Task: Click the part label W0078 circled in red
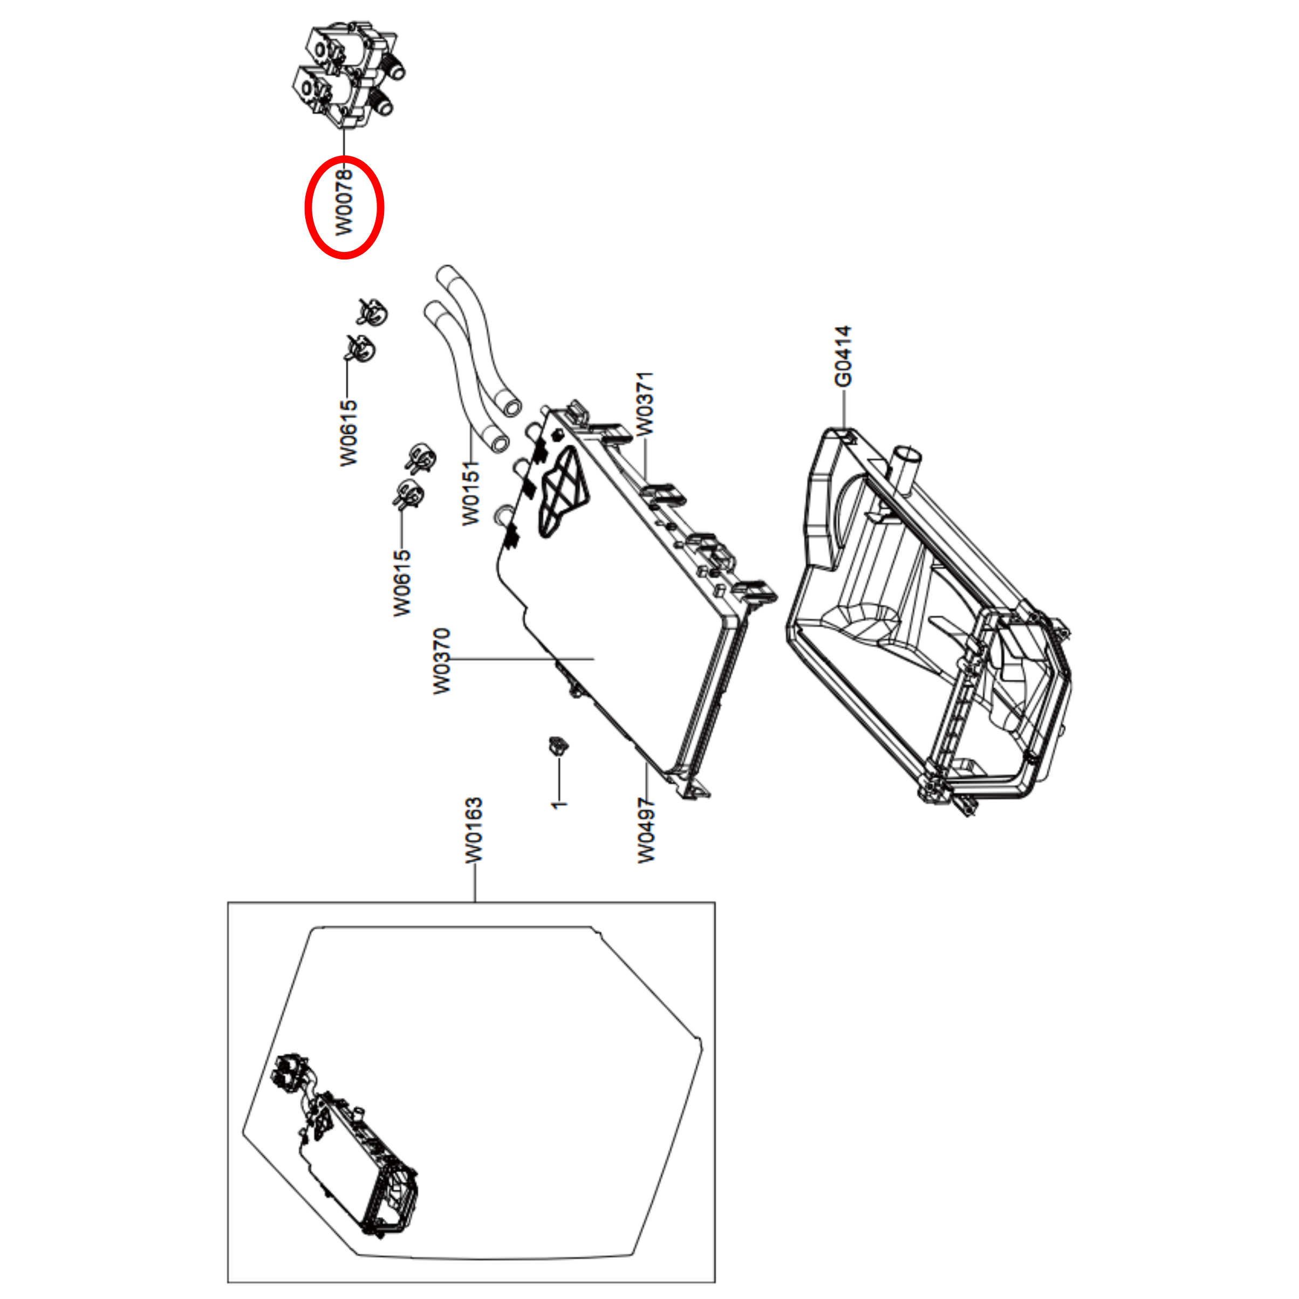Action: [x=344, y=202]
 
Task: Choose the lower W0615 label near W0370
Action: [x=401, y=582]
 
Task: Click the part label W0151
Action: [x=471, y=493]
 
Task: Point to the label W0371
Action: [x=644, y=404]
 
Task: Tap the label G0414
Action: [x=843, y=357]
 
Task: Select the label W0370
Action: [x=441, y=661]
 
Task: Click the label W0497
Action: [x=646, y=830]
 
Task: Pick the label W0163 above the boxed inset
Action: [x=474, y=830]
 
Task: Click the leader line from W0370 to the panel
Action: [x=524, y=659]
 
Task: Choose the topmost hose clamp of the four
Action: [x=374, y=311]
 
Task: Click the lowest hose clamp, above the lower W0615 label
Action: [x=408, y=495]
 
